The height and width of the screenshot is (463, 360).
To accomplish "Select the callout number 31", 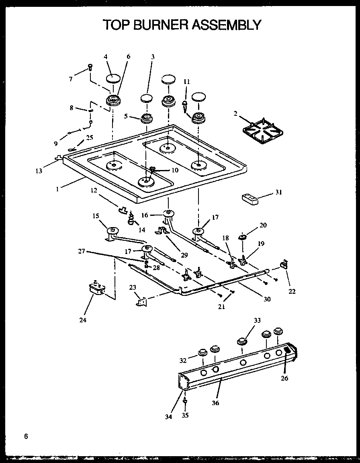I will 278,192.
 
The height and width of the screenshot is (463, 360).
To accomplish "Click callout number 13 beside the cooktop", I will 39,170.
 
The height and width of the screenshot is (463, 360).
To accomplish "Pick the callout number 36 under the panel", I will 215,403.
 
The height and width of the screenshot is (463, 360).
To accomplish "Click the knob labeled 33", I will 241,342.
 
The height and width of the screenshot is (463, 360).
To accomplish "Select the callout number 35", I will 185,416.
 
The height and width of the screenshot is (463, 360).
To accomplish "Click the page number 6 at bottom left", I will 26,436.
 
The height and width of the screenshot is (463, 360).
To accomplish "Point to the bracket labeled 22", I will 284,264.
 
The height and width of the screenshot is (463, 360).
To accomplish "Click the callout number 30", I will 267,299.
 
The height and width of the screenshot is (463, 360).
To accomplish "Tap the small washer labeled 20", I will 243,238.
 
